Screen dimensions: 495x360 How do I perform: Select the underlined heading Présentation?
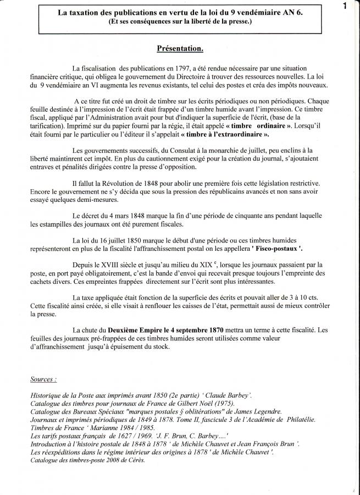click(180, 49)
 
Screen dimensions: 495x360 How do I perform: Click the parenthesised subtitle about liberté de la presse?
click(180, 22)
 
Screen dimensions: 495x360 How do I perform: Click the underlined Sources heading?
click(43, 379)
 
